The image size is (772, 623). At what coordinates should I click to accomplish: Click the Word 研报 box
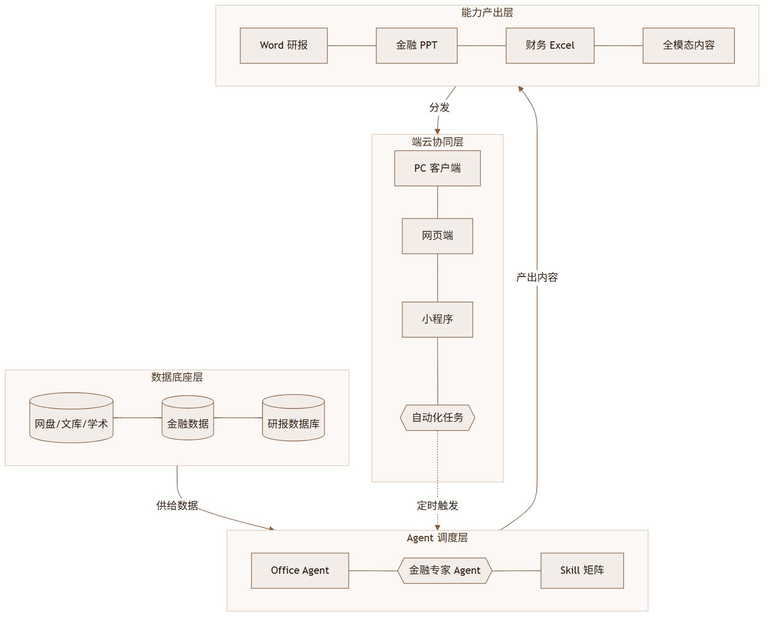pyautogui.click(x=284, y=46)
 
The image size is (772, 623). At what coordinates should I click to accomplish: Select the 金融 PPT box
pyautogui.click(x=417, y=46)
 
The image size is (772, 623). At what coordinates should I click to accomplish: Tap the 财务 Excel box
pyautogui.click(x=550, y=46)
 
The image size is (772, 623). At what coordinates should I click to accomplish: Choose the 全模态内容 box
pyautogui.click(x=688, y=46)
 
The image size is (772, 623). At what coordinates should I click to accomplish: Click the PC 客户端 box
pyautogui.click(x=438, y=168)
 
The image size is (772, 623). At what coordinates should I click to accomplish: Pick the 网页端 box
pyautogui.click(x=438, y=236)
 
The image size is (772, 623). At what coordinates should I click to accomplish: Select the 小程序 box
pyautogui.click(x=438, y=319)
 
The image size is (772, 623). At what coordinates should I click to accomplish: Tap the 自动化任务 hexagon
pyautogui.click(x=438, y=418)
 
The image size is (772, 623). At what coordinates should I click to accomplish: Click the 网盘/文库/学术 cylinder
pyautogui.click(x=71, y=418)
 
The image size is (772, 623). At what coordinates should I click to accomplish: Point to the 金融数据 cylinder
pyautogui.click(x=188, y=418)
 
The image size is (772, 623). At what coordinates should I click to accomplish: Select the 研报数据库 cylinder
pyautogui.click(x=293, y=418)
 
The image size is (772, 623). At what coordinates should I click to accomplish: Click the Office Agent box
pyautogui.click(x=300, y=570)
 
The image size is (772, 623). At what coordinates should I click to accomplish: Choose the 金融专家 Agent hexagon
pyautogui.click(x=445, y=570)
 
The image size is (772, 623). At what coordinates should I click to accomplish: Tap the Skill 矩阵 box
pyautogui.click(x=582, y=570)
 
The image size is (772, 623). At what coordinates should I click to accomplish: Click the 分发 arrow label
pyautogui.click(x=439, y=108)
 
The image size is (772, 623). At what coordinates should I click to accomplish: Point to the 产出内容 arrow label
pyautogui.click(x=537, y=278)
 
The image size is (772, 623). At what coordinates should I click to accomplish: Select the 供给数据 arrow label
pyautogui.click(x=177, y=505)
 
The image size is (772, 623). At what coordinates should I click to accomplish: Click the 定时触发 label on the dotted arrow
pyautogui.click(x=438, y=505)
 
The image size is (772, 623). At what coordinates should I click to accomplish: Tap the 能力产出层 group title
pyautogui.click(x=487, y=13)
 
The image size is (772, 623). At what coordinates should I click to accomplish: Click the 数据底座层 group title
pyautogui.click(x=177, y=377)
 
